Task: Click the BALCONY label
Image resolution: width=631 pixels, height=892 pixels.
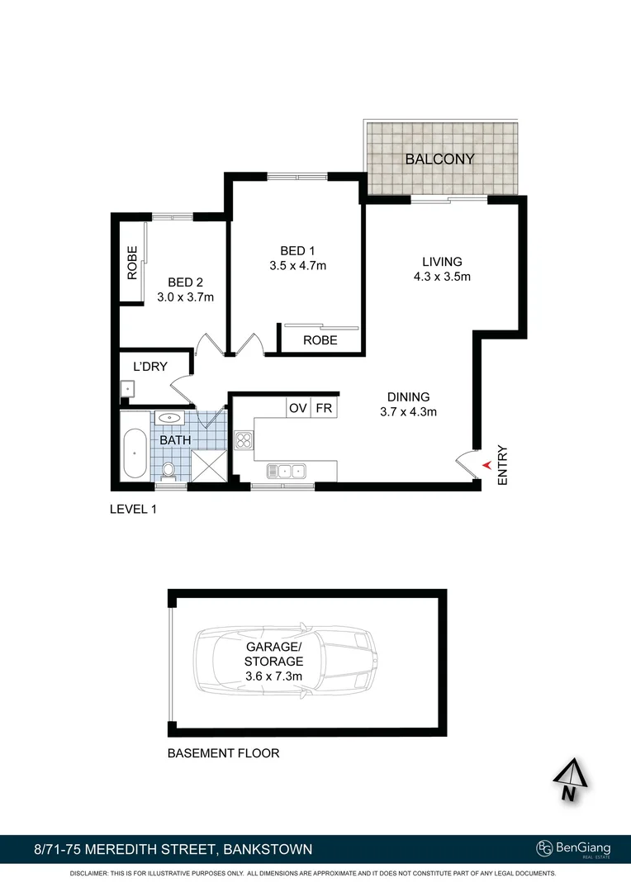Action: pyautogui.click(x=439, y=159)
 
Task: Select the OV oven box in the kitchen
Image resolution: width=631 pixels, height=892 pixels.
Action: pyautogui.click(x=297, y=408)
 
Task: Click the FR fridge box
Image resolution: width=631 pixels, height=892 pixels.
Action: pyautogui.click(x=324, y=408)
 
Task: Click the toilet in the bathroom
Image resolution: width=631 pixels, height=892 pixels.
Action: pyautogui.click(x=168, y=469)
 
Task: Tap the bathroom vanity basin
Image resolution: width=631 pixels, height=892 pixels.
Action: pyautogui.click(x=169, y=419)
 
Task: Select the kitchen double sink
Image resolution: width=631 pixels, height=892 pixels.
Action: pyautogui.click(x=285, y=471)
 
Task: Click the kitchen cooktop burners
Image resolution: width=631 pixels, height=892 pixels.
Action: pyautogui.click(x=244, y=439)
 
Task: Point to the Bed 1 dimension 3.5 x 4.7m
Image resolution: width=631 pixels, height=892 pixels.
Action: pyautogui.click(x=297, y=266)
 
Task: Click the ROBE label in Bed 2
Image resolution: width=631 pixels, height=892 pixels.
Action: pyautogui.click(x=131, y=263)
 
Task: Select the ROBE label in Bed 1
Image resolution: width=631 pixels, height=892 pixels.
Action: pyautogui.click(x=320, y=340)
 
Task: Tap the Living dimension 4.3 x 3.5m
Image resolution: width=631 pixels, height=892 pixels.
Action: pyautogui.click(x=442, y=277)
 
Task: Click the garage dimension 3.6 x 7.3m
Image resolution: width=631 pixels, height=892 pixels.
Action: pyautogui.click(x=273, y=676)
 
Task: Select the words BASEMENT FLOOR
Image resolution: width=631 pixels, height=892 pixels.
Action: pyautogui.click(x=223, y=753)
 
